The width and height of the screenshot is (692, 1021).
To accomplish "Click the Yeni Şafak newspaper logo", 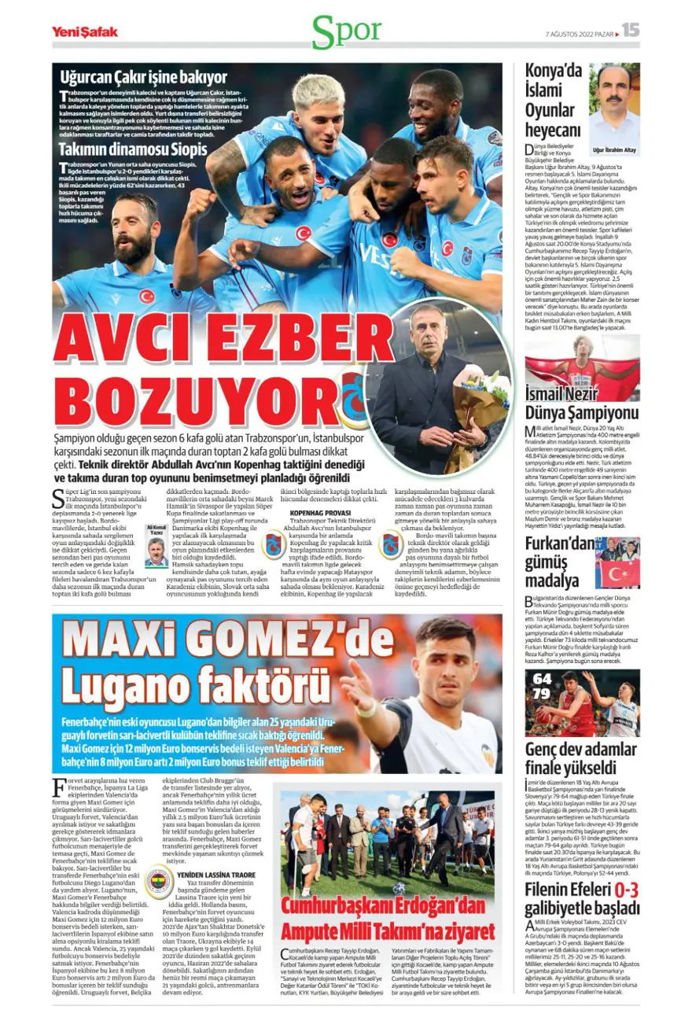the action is pos(84,31).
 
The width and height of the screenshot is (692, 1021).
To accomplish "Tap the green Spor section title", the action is pos(346,31).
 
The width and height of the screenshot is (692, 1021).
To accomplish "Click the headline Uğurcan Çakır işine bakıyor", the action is pos(143,77).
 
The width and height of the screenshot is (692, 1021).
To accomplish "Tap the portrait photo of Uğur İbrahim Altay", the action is pos(614,102).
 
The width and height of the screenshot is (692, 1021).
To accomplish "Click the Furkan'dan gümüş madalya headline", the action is pos(559,563).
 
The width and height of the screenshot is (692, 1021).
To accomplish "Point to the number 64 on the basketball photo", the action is pos(542,679).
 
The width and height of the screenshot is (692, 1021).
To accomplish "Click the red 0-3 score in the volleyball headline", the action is pos(625,890).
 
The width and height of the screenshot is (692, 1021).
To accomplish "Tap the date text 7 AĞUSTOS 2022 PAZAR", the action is pos(580,33).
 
